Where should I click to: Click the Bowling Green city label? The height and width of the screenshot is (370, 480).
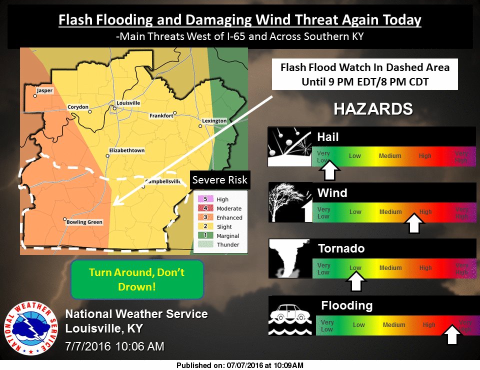[83, 222]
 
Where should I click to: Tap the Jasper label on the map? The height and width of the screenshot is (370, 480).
[44, 91]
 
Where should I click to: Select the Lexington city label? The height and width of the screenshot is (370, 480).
[214, 121]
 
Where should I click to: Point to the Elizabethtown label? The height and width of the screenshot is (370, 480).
[127, 150]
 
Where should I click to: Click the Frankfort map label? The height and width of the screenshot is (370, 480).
[161, 115]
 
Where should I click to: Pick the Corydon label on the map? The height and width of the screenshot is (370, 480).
[78, 107]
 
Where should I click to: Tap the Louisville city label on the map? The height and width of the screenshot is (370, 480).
[128, 103]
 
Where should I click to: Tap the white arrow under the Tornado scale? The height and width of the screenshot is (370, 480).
[355, 282]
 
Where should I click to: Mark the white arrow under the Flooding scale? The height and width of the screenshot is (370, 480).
[452, 334]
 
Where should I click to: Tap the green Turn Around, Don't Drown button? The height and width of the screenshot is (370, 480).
[136, 279]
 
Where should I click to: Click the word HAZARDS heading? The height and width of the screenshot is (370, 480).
[372, 109]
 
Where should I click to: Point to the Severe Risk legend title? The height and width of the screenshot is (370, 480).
[220, 180]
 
